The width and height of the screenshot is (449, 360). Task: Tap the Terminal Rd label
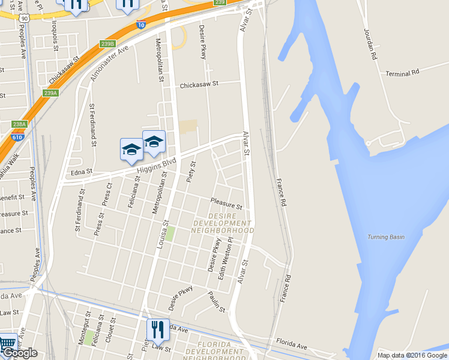coord(402,74)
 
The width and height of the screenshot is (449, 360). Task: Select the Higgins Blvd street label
coord(155,166)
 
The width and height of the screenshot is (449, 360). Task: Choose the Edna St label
coord(82,172)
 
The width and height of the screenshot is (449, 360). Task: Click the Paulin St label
coord(216,302)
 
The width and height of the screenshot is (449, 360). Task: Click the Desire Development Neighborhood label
coord(223,223)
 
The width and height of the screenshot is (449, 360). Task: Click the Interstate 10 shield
coord(140,25)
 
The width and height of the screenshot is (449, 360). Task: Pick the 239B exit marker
coord(107,43)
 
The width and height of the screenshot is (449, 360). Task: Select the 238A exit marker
coord(20,124)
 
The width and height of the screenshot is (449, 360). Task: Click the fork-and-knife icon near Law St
coord(157,329)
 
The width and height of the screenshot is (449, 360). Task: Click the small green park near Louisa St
coord(170,233)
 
